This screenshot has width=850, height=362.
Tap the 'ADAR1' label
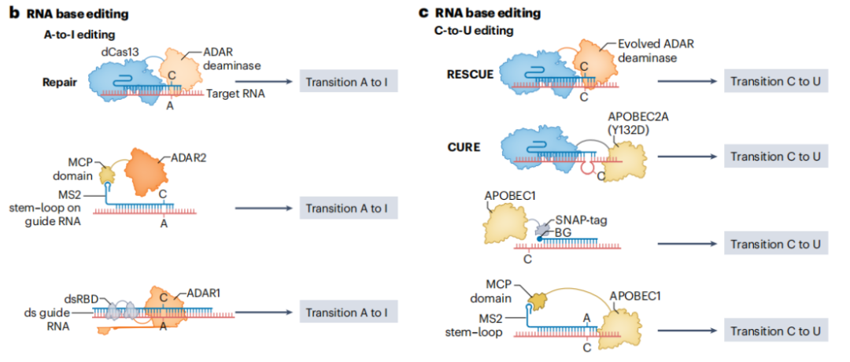[204, 294]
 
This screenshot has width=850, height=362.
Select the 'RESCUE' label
[470, 74]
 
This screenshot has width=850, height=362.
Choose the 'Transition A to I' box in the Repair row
[347, 81]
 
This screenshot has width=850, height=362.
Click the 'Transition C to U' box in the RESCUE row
[775, 81]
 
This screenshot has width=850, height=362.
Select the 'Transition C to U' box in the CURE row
[775, 156]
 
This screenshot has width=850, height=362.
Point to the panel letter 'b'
[12, 13]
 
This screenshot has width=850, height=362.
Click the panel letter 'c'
[424, 13]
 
